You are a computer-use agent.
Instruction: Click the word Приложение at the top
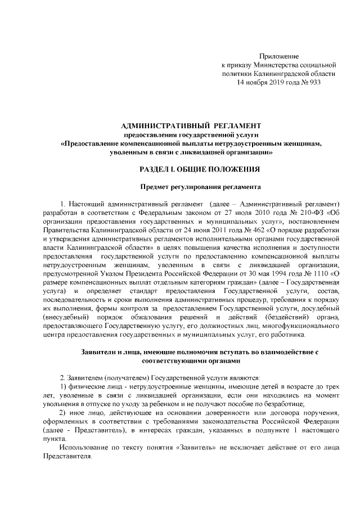(x=278, y=56)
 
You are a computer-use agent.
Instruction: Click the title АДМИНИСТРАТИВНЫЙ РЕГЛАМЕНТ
(x=191, y=124)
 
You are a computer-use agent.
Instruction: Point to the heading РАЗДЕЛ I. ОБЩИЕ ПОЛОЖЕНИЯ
(x=191, y=169)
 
